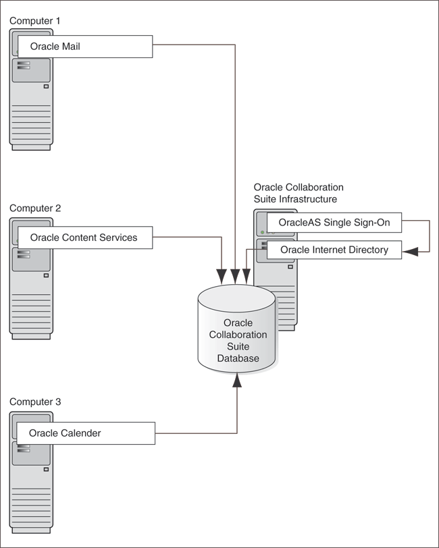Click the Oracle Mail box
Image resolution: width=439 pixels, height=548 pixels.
[84, 47]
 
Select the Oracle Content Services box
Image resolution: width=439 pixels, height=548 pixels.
[84, 238]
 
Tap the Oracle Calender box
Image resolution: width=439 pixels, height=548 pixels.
[84, 433]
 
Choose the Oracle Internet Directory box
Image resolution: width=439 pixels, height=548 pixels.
[334, 250]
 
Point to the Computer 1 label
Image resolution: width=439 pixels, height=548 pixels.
[35, 21]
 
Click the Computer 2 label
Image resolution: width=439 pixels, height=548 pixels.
[35, 209]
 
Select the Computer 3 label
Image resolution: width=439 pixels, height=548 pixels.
[35, 402]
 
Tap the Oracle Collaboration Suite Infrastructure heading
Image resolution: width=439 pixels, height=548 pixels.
[298, 193]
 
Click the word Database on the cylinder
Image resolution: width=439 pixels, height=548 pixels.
[238, 358]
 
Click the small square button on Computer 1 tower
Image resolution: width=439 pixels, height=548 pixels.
[46, 86]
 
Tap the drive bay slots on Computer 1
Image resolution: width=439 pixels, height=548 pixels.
[24, 65]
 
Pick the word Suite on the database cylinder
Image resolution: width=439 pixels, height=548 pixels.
[238, 347]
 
